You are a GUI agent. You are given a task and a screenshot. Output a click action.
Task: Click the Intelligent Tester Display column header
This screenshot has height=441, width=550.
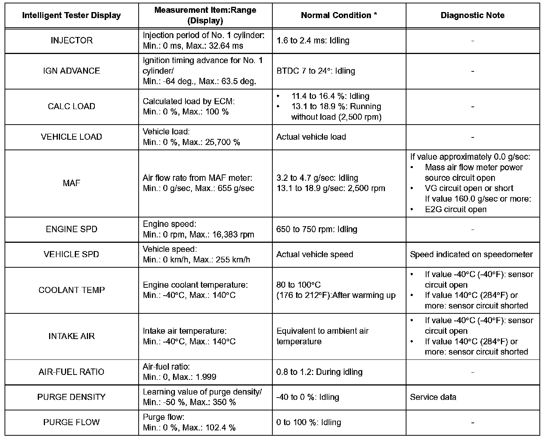point(71,15)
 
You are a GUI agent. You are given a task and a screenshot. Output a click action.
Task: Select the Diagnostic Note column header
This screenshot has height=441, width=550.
point(472,15)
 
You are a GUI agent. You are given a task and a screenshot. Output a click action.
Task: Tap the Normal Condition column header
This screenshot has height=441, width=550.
point(339,15)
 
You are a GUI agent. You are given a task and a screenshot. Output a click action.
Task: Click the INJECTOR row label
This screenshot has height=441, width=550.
point(71,40)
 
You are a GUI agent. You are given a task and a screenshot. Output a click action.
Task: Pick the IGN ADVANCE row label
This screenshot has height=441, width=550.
point(71,71)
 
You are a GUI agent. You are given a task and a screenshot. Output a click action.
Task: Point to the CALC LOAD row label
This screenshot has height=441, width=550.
point(71,106)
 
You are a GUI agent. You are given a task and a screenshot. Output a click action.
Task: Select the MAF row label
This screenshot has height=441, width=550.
point(71,183)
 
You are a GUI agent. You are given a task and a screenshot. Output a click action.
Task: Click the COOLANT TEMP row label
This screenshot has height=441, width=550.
point(71,290)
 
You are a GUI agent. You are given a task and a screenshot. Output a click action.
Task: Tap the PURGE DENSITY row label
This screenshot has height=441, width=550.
point(71,397)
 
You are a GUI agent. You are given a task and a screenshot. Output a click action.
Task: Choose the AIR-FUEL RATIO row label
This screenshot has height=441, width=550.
point(71,372)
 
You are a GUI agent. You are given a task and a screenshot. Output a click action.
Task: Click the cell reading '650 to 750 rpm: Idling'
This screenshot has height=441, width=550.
point(317,229)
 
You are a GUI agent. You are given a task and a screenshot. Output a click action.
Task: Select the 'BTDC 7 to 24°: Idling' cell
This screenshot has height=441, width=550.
point(316,71)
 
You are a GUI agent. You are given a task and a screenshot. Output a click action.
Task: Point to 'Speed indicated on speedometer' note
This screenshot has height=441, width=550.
point(471,254)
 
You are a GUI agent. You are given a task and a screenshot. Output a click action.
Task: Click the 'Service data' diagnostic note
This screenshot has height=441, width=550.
point(433,397)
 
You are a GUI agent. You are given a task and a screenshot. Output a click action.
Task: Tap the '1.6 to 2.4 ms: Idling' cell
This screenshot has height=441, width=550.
point(313,40)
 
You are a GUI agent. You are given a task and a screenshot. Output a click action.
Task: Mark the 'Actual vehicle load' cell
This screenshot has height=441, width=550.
point(311,137)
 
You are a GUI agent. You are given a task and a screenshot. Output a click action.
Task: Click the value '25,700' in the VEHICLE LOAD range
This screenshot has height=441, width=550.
point(218,142)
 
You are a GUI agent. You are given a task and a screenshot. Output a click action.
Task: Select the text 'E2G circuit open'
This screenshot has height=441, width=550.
point(455,210)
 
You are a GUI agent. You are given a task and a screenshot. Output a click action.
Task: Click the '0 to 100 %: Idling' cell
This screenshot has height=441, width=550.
point(308,422)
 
